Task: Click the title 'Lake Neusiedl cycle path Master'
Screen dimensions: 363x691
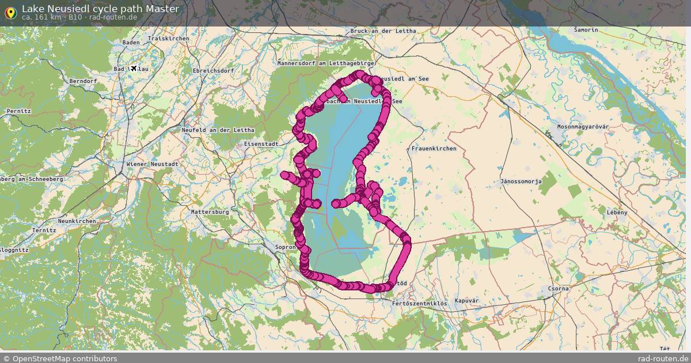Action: pos(100,9)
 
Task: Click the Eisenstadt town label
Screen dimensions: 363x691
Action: pos(261,143)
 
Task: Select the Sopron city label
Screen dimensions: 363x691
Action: pos(285,247)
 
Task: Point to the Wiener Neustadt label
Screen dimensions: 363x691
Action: pos(152,164)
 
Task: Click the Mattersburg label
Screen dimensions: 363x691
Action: pos(210,212)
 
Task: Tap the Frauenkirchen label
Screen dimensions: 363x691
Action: pos(434,149)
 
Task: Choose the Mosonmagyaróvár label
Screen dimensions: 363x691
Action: pos(583,127)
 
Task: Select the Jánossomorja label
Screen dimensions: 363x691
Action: pos(521,181)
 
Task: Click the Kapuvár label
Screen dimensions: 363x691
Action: pos(466,301)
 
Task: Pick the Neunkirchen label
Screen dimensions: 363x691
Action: pos(77,221)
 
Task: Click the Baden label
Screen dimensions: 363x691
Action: pos(131,43)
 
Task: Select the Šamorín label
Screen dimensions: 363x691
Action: pos(586,29)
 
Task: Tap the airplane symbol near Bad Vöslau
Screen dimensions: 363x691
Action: pos(134,69)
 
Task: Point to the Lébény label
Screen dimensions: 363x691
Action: pos(617,212)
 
